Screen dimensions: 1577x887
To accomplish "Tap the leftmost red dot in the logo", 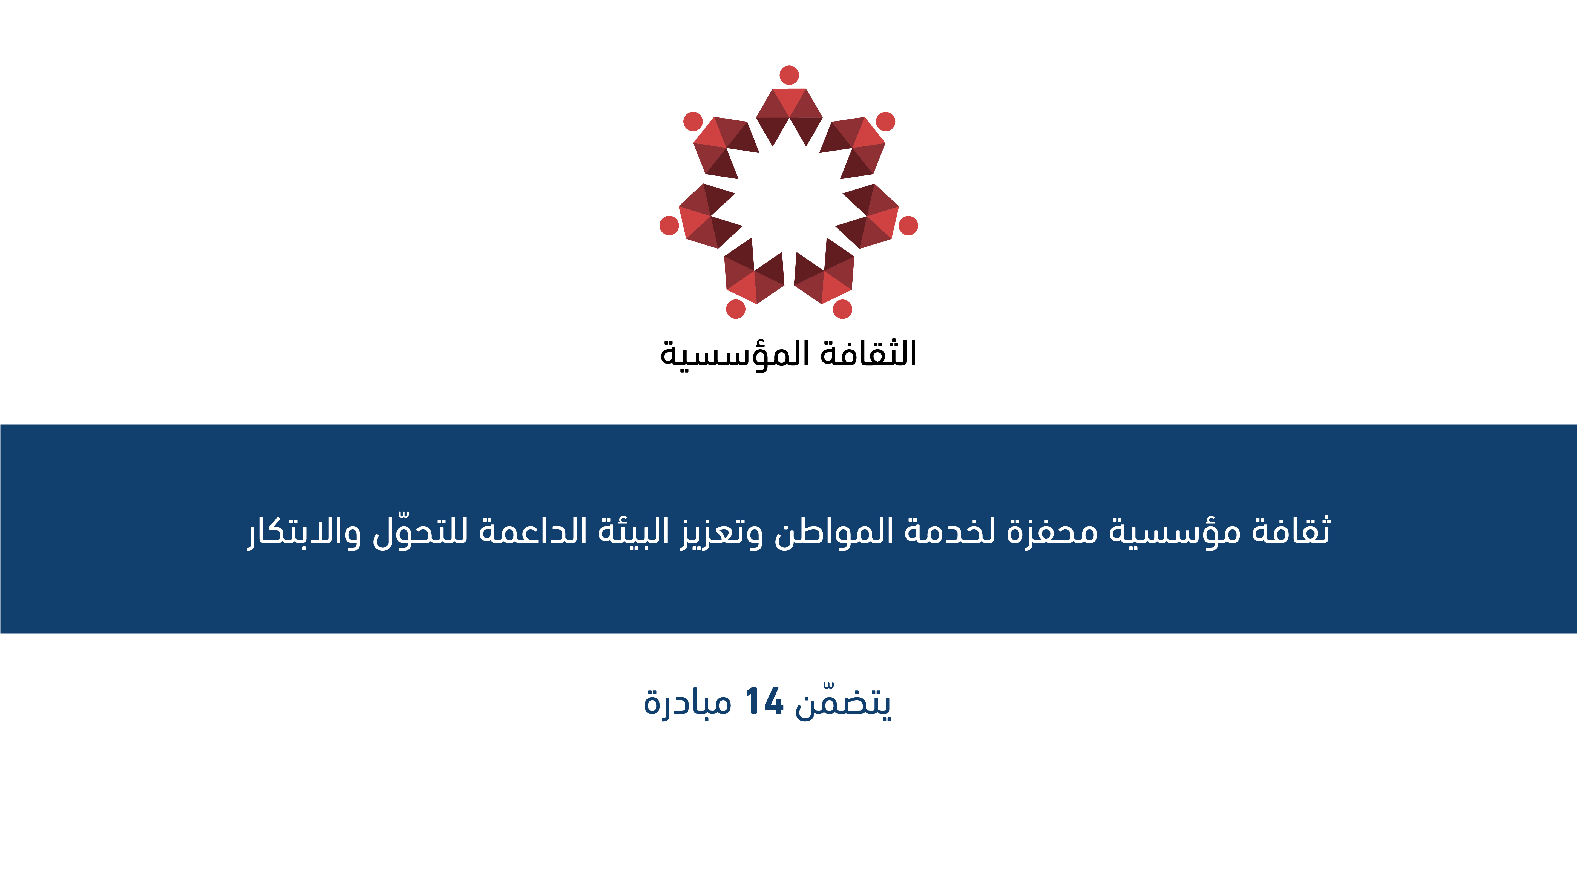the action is [x=669, y=225].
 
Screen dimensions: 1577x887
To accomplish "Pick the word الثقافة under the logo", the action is [x=868, y=354].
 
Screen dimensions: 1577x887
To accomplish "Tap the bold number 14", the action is [x=764, y=701].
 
